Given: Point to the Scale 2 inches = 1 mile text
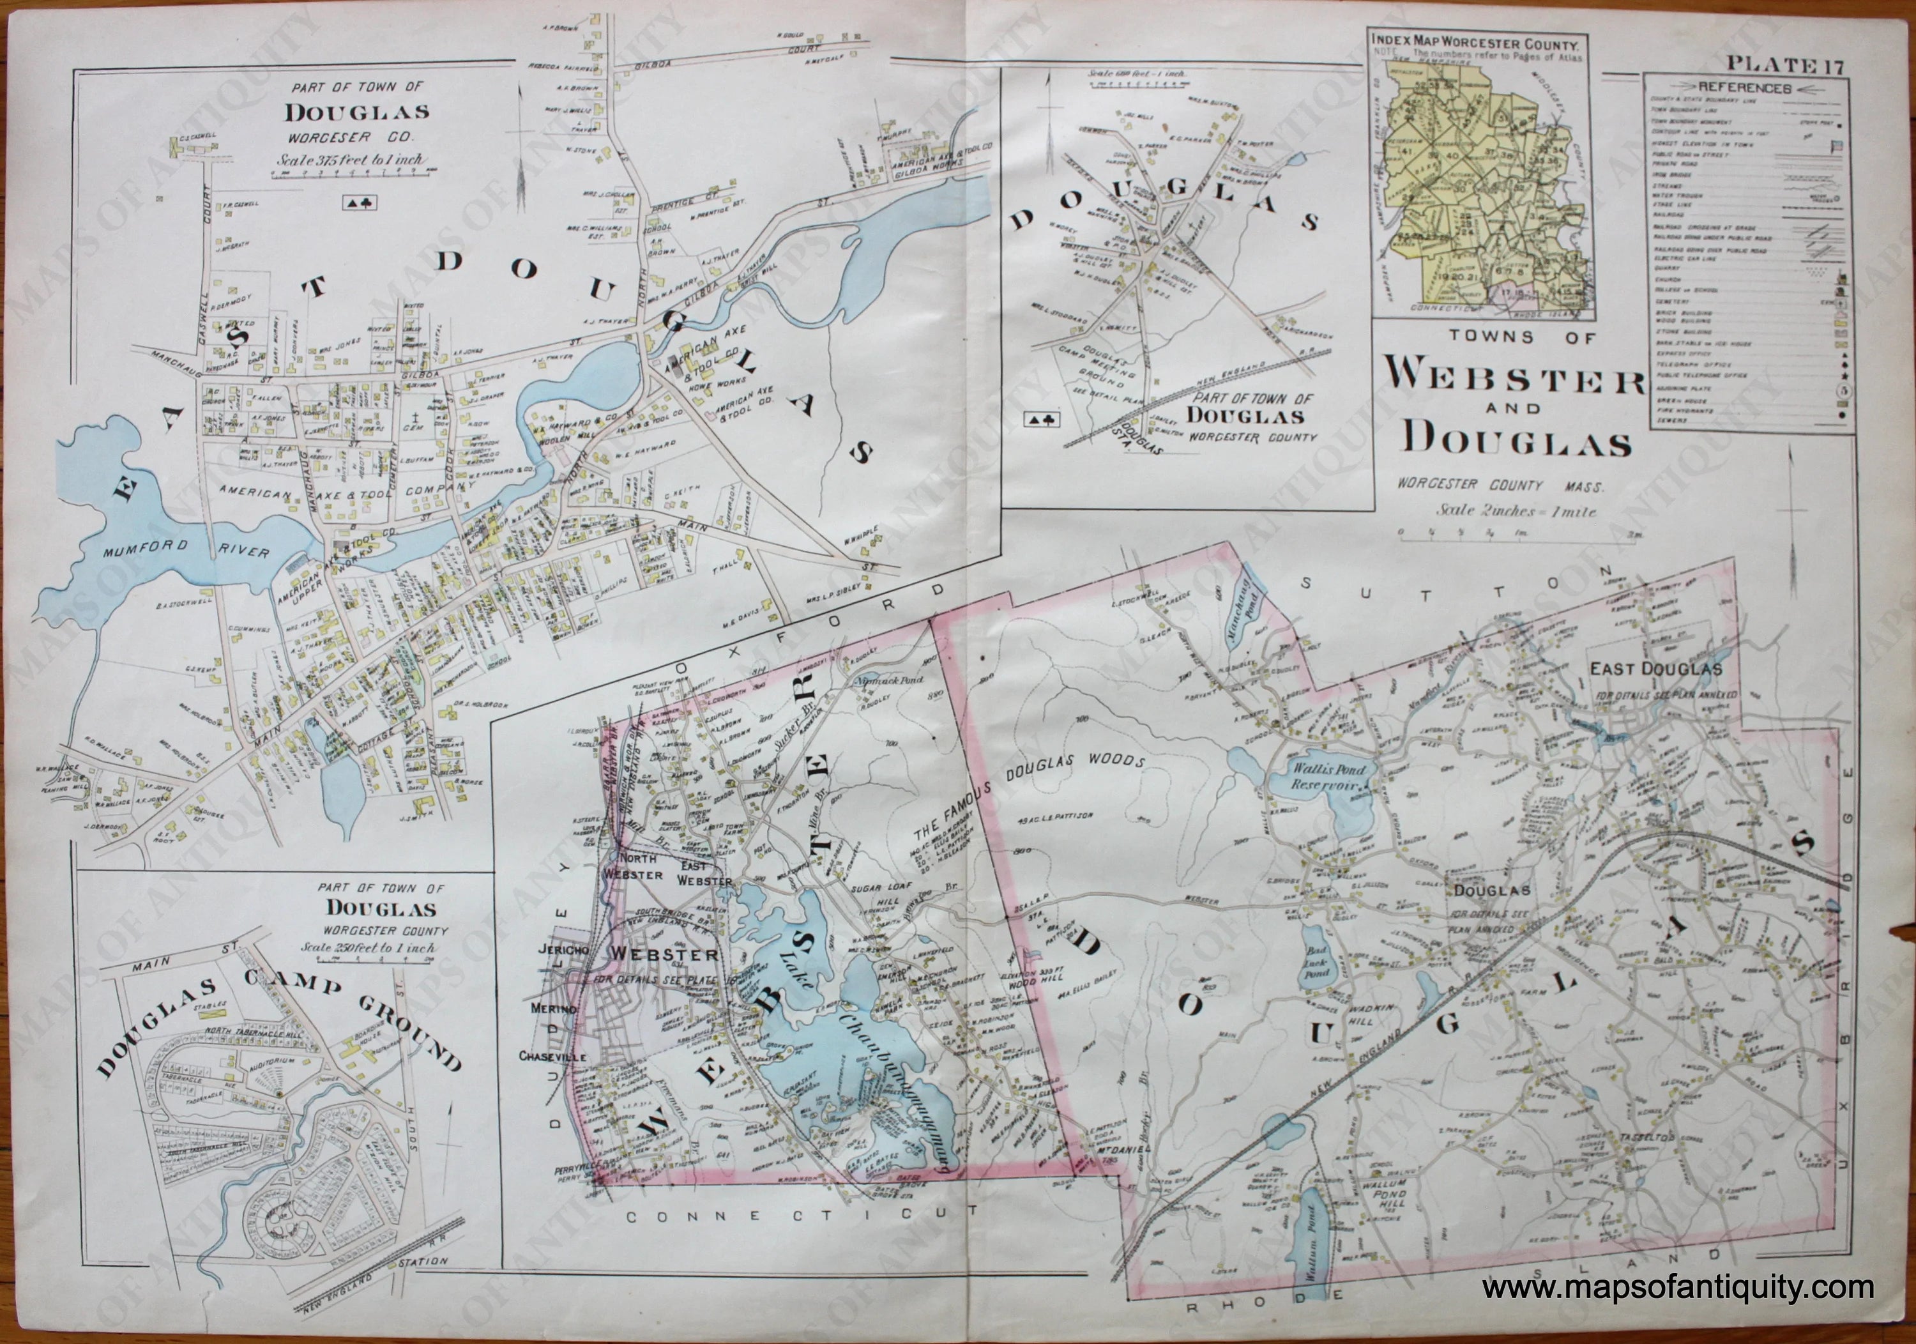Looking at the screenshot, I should (1516, 512).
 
